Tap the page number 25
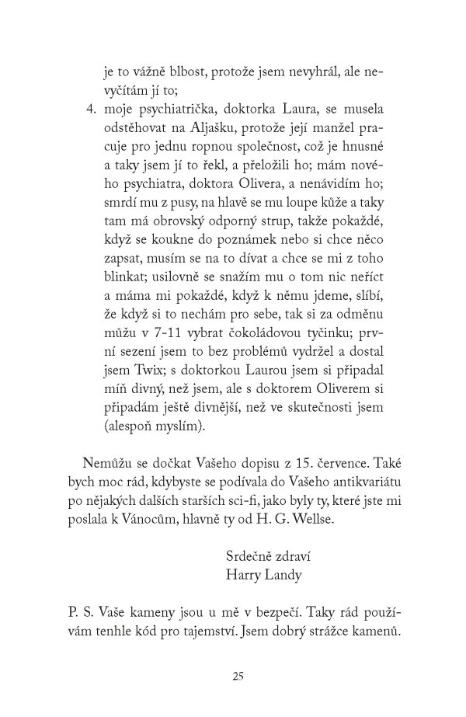point(238,676)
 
